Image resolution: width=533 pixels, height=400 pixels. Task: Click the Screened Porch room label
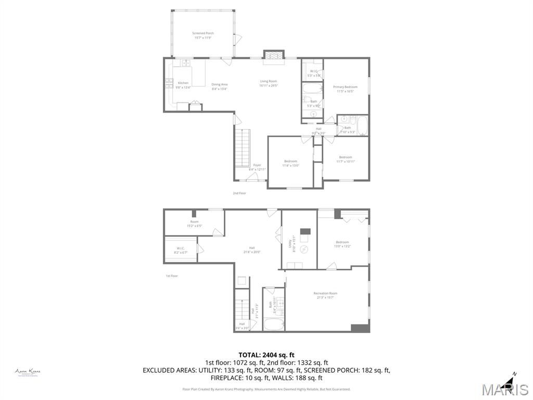click(x=203, y=35)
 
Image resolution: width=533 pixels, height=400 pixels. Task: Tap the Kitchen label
click(x=183, y=85)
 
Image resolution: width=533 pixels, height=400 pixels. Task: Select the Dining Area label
click(x=220, y=86)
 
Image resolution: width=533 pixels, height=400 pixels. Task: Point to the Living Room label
click(x=269, y=83)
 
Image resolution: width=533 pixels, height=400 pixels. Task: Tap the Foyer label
click(x=257, y=167)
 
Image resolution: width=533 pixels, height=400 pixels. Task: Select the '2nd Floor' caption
click(x=239, y=193)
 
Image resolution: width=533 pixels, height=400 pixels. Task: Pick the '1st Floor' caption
click(x=172, y=276)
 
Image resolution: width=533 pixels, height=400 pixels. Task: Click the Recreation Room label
click(x=325, y=295)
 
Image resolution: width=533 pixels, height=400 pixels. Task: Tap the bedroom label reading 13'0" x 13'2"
click(x=342, y=244)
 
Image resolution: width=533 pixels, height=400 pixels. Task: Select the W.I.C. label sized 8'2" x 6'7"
click(x=181, y=250)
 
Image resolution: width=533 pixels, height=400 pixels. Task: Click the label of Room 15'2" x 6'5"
click(x=194, y=223)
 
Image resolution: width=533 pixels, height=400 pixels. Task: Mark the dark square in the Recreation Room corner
click(x=360, y=328)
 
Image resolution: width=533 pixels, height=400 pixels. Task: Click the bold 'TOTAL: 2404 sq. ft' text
click(x=266, y=355)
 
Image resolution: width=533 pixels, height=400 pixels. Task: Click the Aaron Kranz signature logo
click(x=28, y=372)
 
